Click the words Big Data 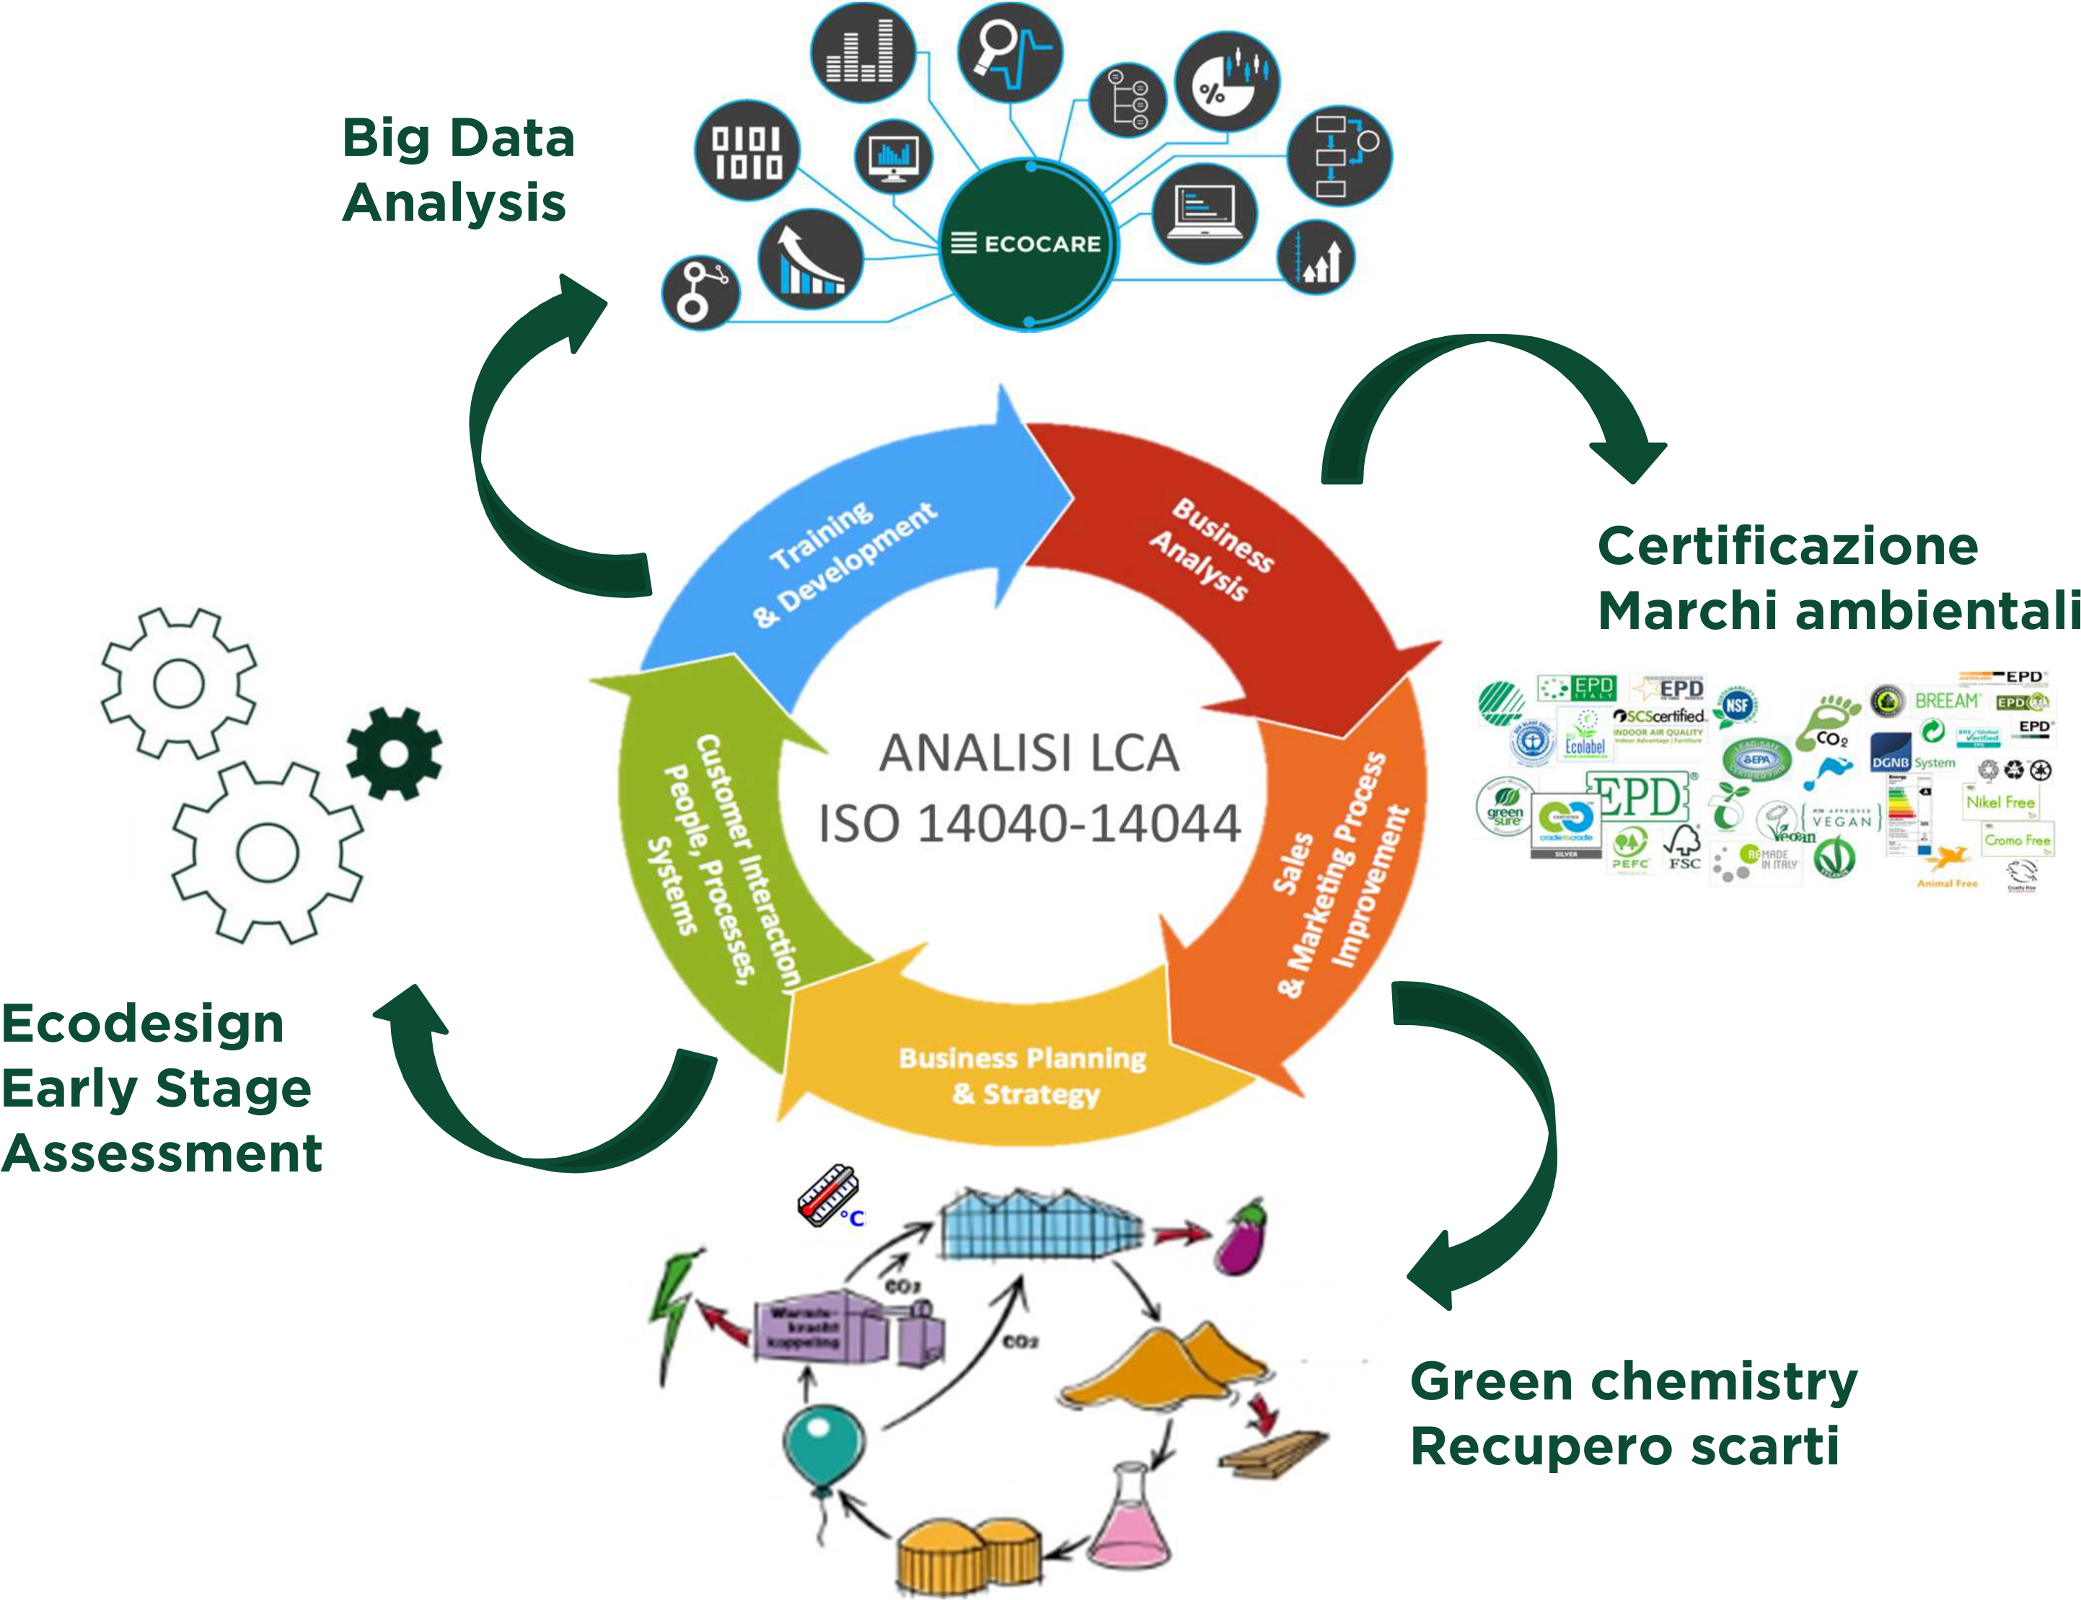[458, 138]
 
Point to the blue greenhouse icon [1043, 1228]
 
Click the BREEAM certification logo [1946, 701]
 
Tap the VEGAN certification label [1846, 817]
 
